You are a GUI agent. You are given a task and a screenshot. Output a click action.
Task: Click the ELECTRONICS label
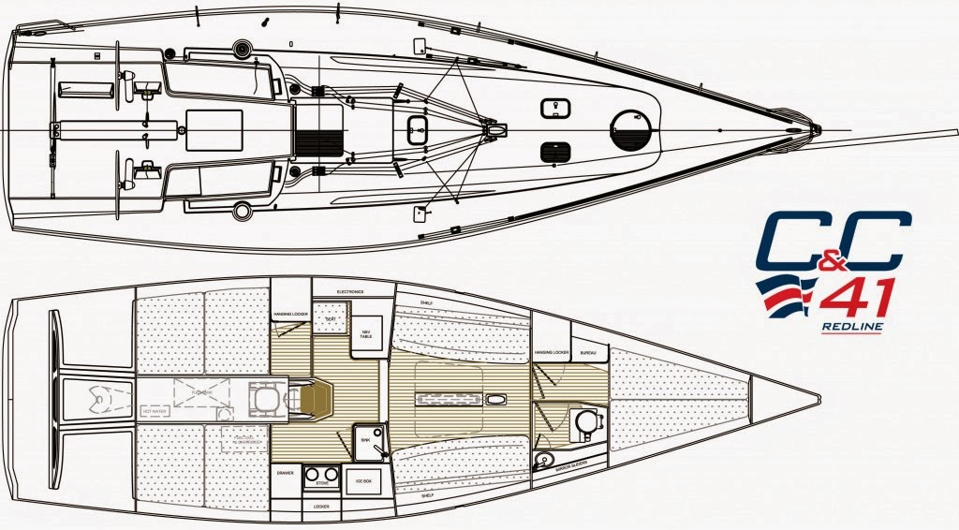click(x=350, y=291)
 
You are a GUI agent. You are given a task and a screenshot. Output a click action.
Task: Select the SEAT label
click(x=330, y=318)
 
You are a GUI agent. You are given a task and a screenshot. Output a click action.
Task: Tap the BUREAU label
click(x=589, y=353)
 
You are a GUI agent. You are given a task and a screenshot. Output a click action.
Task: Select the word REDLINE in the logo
click(x=849, y=328)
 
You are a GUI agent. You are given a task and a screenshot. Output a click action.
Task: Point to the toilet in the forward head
click(x=586, y=421)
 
